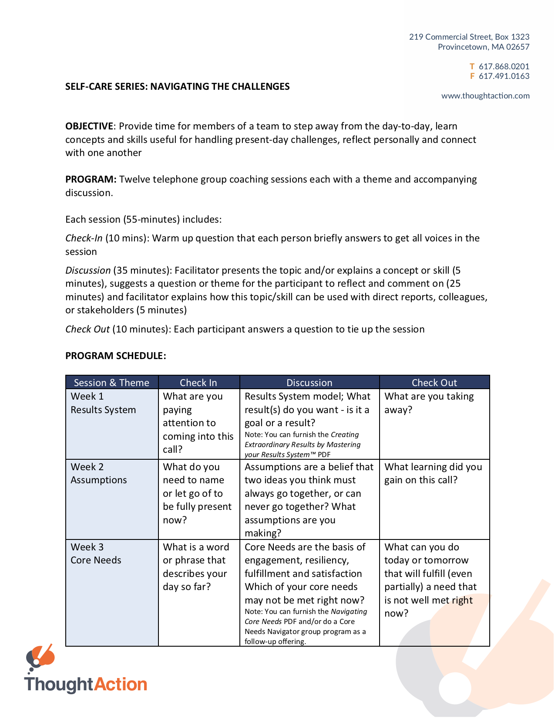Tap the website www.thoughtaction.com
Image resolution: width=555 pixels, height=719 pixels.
(485, 96)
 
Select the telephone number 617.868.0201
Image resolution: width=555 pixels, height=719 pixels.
(504, 67)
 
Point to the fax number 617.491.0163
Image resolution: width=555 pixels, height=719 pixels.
(504, 76)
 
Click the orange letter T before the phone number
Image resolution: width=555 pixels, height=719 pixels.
(472, 67)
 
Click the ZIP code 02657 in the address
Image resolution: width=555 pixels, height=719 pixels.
(518, 47)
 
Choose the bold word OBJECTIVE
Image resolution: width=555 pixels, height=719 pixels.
(89, 126)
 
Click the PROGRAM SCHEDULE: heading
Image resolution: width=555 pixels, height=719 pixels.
(115, 356)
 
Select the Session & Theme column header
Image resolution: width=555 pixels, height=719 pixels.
(111, 383)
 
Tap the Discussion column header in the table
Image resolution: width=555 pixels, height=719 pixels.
(309, 383)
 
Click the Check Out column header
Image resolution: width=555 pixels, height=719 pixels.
(434, 383)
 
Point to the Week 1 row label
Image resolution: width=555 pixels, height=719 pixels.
(87, 397)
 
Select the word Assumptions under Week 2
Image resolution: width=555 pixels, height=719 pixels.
(99, 480)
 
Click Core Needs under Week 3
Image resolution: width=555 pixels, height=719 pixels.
(96, 560)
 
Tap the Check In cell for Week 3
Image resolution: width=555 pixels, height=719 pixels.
(195, 567)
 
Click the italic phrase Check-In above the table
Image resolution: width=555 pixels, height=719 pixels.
(84, 238)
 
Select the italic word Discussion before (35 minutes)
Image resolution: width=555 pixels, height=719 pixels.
(88, 271)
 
